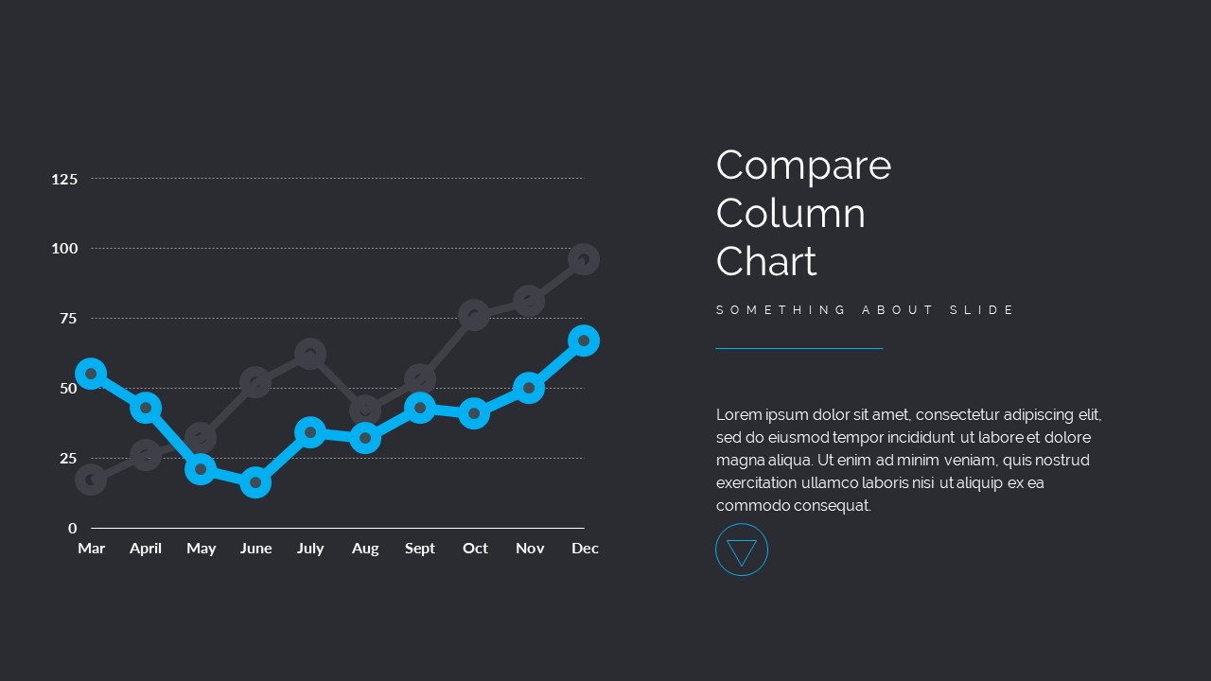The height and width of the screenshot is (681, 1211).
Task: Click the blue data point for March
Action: [91, 374]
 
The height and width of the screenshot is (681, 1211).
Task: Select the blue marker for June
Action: [255, 483]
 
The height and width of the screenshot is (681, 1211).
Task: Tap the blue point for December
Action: [584, 340]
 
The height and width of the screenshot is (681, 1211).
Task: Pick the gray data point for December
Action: [584, 259]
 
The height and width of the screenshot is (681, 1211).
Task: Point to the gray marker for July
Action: [310, 355]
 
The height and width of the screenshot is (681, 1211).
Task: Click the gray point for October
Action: [474, 315]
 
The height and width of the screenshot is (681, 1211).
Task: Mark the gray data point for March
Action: [91, 480]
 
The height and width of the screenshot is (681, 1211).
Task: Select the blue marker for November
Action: [529, 388]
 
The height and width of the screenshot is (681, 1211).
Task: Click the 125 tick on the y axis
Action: [64, 179]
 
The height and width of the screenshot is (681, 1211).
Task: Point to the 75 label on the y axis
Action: [68, 319]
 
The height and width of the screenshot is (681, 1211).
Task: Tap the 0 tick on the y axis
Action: [73, 529]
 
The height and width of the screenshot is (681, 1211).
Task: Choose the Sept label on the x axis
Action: [420, 549]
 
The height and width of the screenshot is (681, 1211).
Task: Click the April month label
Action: [146, 549]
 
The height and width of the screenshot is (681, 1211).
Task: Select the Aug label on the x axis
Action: [365, 549]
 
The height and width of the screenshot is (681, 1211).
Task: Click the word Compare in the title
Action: [803, 166]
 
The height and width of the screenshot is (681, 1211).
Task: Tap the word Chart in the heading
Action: [766, 262]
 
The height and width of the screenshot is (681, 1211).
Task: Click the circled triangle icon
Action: [742, 550]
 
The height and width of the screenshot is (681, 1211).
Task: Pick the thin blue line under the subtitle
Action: [799, 349]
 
